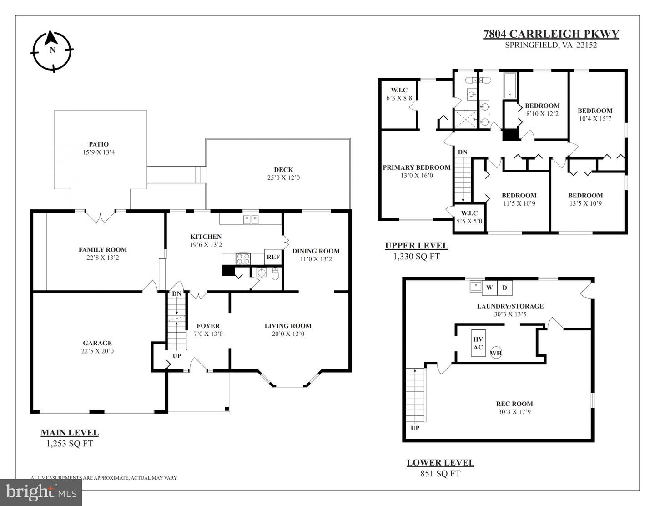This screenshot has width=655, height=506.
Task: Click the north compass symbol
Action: pyautogui.click(x=52, y=51)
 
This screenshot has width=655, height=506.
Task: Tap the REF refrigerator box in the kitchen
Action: pyautogui.click(x=273, y=257)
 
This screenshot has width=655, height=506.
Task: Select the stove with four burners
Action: pyautogui.click(x=243, y=259)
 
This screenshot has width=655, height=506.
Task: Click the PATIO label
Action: pyautogui.click(x=99, y=144)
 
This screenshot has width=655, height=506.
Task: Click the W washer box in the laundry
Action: pyautogui.click(x=489, y=288)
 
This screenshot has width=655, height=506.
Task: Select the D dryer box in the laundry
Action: pyautogui.click(x=504, y=288)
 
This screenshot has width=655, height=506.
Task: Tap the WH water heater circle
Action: pyautogui.click(x=496, y=353)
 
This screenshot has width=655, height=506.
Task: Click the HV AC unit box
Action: pyautogui.click(x=478, y=344)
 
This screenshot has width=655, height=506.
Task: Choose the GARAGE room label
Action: pyautogui.click(x=97, y=343)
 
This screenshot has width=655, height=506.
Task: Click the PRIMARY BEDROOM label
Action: pyautogui.click(x=416, y=167)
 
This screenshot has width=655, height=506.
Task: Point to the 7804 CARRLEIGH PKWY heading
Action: pyautogui.click(x=551, y=34)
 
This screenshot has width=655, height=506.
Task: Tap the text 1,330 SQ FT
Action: pyautogui.click(x=416, y=257)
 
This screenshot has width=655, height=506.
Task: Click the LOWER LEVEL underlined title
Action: pyautogui.click(x=440, y=463)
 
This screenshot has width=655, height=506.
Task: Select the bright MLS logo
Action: pyautogui.click(x=41, y=491)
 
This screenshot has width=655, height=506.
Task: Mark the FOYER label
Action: pyautogui.click(x=208, y=326)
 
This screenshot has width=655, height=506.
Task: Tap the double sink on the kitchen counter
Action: pyautogui.click(x=251, y=220)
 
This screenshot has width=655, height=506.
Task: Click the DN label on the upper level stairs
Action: pyautogui.click(x=462, y=152)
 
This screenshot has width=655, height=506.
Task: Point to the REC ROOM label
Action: pyautogui.click(x=514, y=404)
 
